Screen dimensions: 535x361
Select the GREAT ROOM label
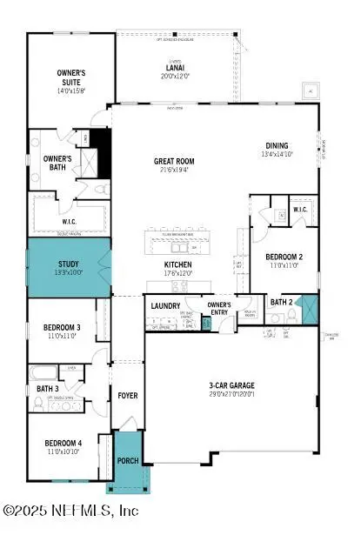coord(175,161)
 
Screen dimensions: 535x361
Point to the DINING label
coord(277,146)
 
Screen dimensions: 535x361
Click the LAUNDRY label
coord(164,305)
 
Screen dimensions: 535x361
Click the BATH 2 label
coord(279,303)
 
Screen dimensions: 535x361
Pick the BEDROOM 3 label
coord(62,328)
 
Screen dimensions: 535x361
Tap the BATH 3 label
coord(47,388)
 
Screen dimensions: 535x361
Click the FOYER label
coord(128,396)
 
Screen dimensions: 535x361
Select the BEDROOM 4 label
coord(64,444)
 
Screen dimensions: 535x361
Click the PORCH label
coord(127,461)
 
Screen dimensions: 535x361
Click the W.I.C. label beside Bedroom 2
coord(300,210)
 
